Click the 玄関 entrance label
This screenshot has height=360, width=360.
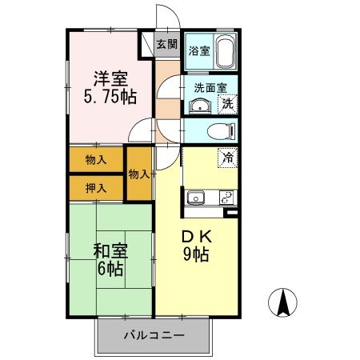click(167, 45)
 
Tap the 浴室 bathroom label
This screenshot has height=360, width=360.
click(199, 51)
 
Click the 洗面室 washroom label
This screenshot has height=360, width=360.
click(211, 88)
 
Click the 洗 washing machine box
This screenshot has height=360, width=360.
click(227, 104)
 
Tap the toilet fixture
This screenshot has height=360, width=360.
click(217, 131)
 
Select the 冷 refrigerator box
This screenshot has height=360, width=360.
click(227, 158)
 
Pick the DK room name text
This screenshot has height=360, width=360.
click(197, 238)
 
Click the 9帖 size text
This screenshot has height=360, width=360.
click(197, 256)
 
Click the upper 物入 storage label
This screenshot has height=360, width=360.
click(96, 159)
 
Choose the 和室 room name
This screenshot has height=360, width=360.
click(110, 250)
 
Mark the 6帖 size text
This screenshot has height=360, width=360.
click(110, 270)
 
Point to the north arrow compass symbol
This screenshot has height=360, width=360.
click(283, 303)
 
